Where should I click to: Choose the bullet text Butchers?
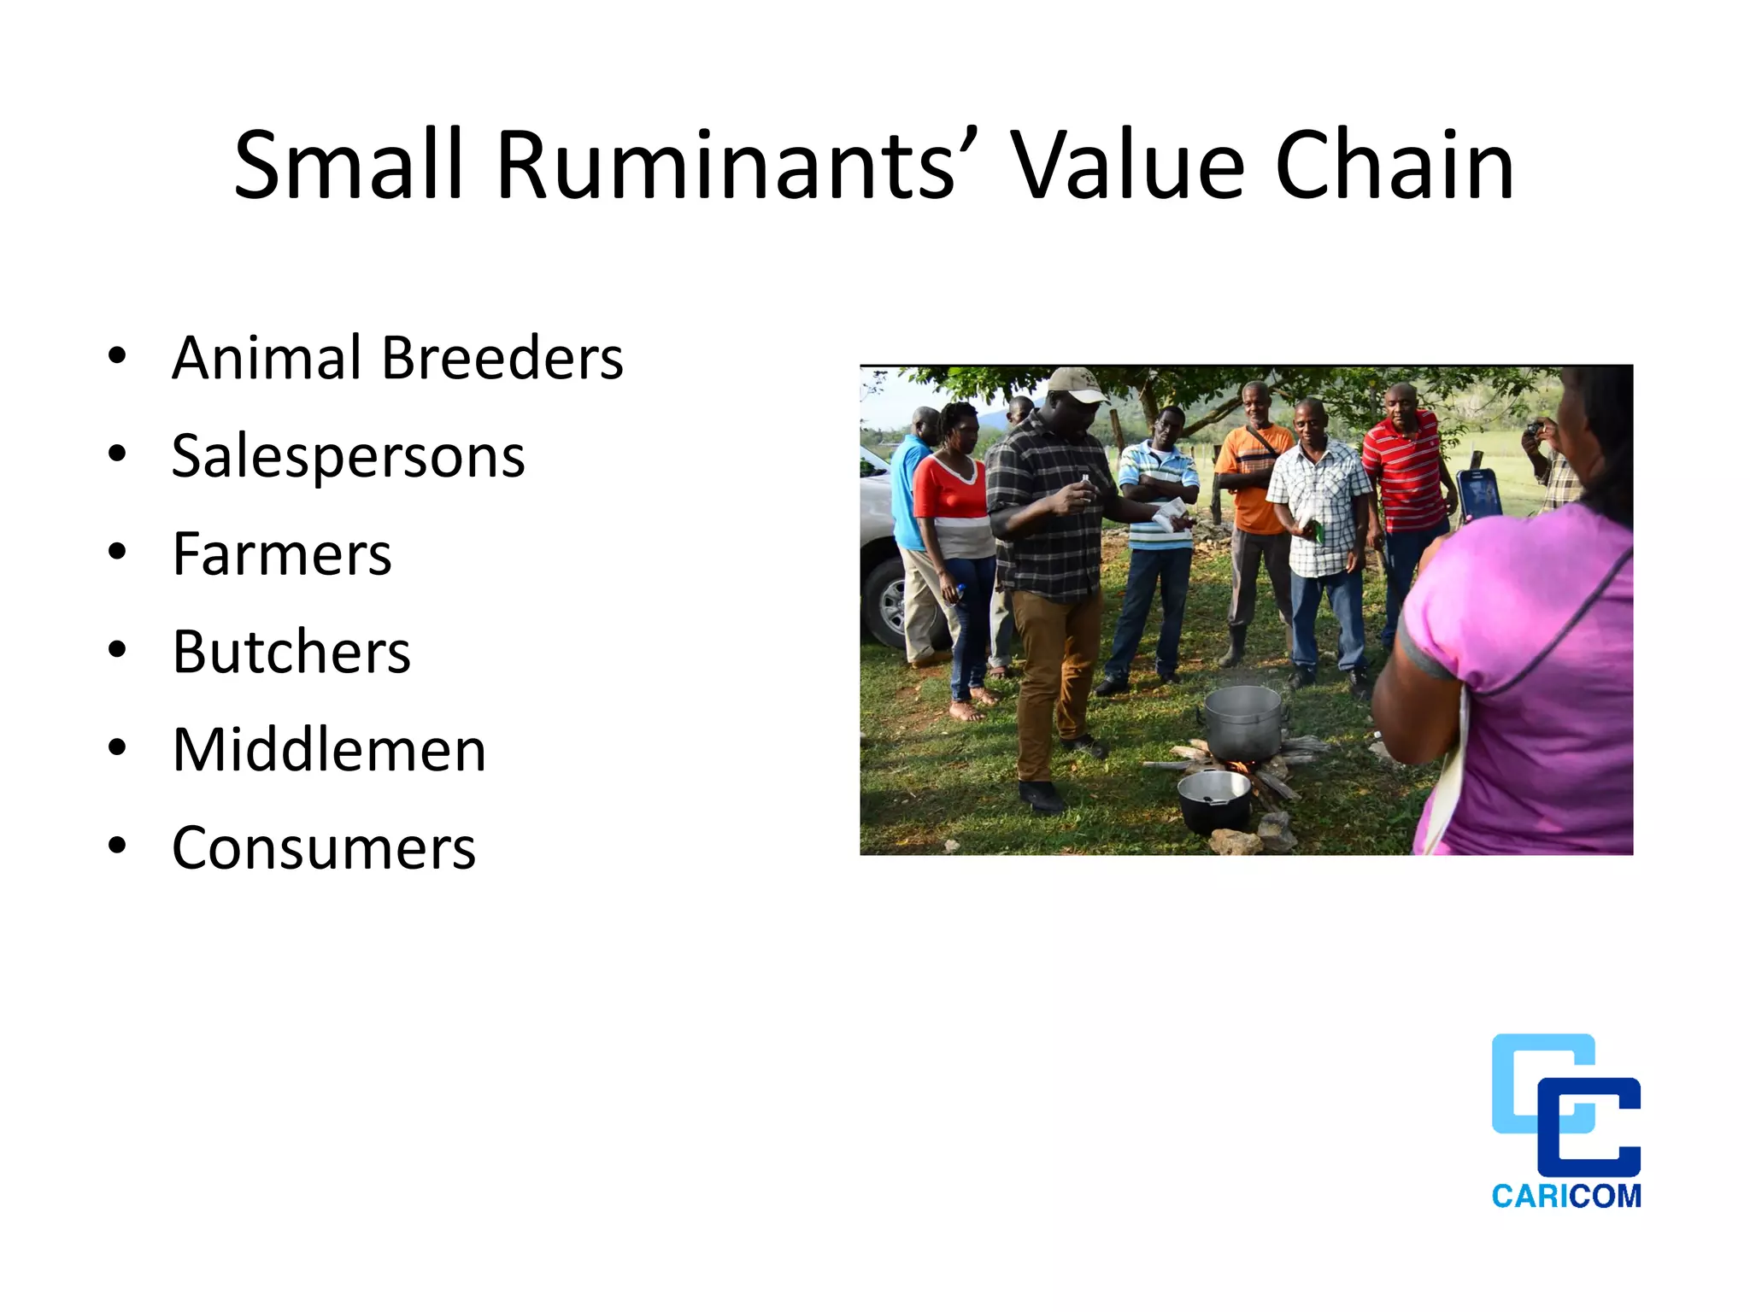pyautogui.click(x=291, y=652)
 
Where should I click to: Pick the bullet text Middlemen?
pyautogui.click(x=329, y=750)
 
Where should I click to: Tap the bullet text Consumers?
pyautogui.click(x=324, y=848)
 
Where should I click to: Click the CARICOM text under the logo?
pyautogui.click(x=1566, y=1196)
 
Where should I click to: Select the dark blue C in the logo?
pyautogui.click(x=1591, y=1127)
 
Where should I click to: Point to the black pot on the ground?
pyautogui.click(x=1214, y=801)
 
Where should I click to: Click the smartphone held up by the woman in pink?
pyautogui.click(x=1478, y=494)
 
